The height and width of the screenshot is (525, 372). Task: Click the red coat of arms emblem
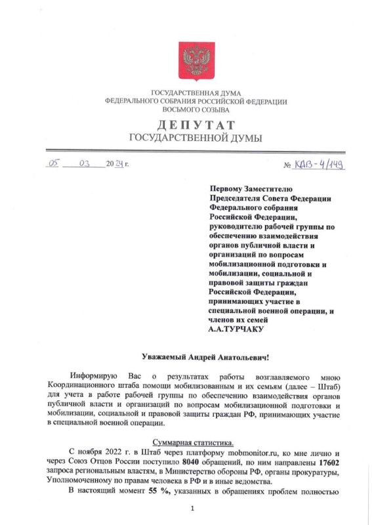coord(196,60)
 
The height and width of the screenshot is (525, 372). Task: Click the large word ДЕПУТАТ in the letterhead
coord(196,125)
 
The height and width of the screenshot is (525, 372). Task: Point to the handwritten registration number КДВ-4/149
coord(319,163)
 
